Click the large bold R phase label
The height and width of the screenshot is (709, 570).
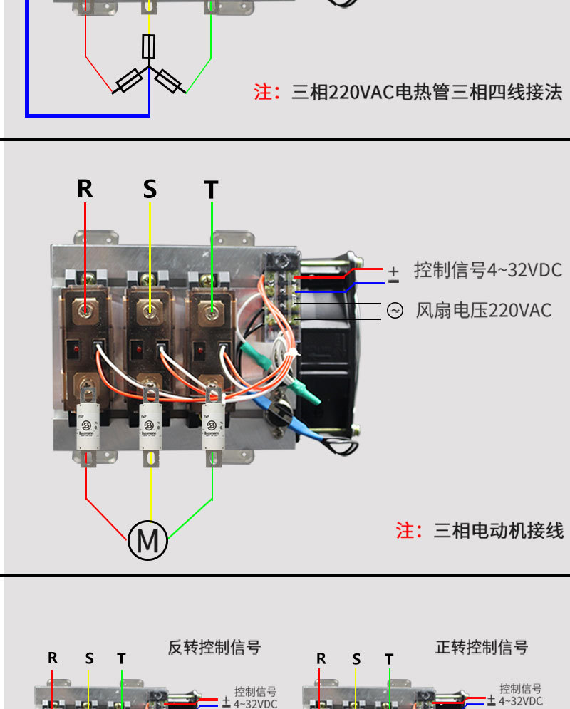(x=85, y=189)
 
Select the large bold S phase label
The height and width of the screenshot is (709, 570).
(x=150, y=189)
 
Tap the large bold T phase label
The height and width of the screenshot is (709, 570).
(x=211, y=190)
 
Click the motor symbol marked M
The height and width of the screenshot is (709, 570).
(x=148, y=541)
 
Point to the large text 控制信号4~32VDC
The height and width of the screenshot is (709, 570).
(x=488, y=270)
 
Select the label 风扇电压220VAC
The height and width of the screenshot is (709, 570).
(x=484, y=310)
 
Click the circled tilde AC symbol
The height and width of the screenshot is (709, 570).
(x=395, y=310)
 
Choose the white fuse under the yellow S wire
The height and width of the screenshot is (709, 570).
(x=150, y=426)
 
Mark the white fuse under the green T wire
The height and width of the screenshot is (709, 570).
(x=213, y=426)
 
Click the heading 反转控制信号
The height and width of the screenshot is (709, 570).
(x=214, y=647)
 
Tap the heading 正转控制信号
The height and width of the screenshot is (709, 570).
(x=482, y=647)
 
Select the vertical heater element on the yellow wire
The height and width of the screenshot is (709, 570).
(x=149, y=46)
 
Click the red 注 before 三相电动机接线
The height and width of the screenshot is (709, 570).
(x=405, y=530)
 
